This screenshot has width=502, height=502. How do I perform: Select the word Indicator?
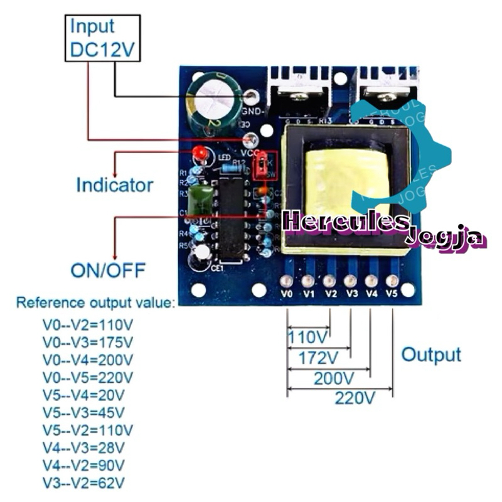pos(114,185)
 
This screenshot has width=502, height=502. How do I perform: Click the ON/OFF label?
pos(108,271)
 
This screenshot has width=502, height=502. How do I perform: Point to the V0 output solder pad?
pos(287,280)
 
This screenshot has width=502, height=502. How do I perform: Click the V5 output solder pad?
pos(392,280)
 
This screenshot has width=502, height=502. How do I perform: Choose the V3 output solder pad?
pos(350,280)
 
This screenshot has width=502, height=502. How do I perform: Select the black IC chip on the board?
pos(230,216)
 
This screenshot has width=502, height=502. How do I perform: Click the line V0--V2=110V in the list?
pos(88,325)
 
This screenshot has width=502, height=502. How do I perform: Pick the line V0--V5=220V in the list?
pos(88,378)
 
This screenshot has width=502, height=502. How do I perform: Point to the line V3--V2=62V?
pos(83,483)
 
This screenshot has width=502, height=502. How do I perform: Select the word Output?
pos(431,355)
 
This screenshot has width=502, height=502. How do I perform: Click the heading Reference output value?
pos(96,303)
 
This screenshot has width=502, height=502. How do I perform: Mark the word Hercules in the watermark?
pos(345,222)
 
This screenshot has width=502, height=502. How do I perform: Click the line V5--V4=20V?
pos(83,395)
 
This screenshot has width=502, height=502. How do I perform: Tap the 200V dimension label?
pos(333,378)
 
